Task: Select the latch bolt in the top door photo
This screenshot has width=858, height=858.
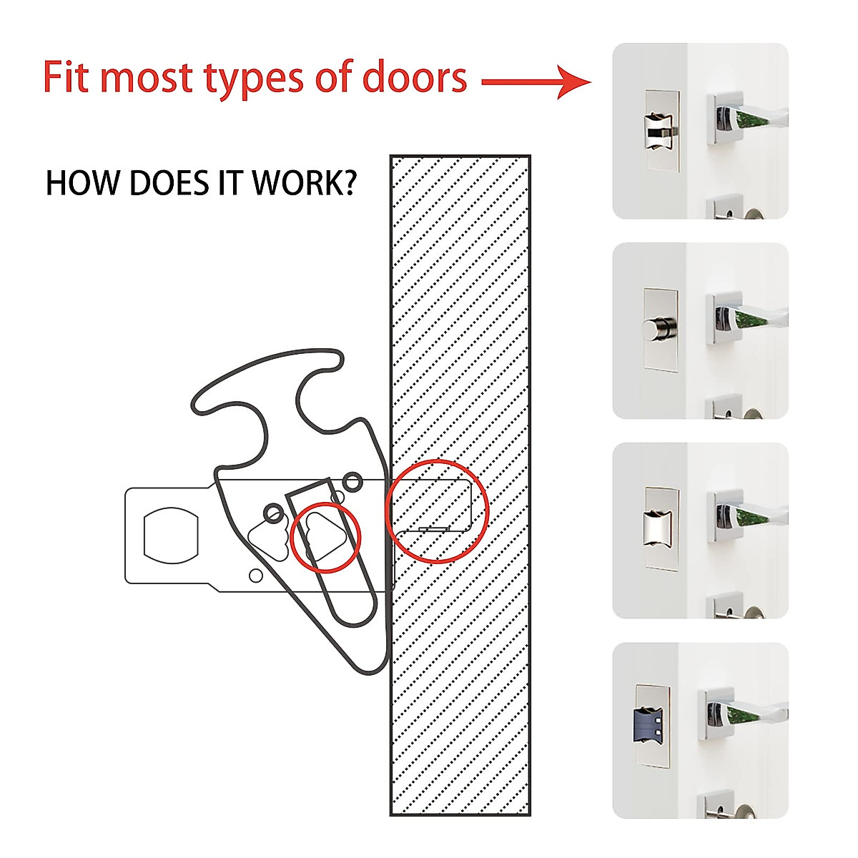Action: click(x=660, y=130)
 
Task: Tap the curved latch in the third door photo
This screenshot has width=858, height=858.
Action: click(x=658, y=529)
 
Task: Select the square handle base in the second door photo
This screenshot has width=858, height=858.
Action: click(x=722, y=318)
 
